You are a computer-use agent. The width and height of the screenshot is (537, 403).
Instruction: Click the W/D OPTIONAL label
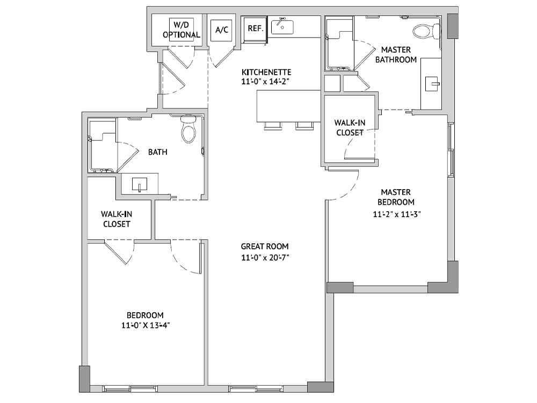[182, 30]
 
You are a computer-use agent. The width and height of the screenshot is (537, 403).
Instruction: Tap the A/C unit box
[222, 30]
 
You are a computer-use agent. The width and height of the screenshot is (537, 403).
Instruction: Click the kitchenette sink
[282, 26]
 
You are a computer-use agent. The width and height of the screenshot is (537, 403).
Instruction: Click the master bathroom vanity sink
[433, 84]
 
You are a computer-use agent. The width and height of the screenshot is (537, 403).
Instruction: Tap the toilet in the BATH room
[188, 129]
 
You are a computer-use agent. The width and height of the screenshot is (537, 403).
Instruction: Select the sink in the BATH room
[140, 185]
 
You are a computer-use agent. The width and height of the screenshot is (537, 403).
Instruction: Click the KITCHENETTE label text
[266, 73]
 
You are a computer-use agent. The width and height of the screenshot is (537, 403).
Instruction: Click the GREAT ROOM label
[265, 247]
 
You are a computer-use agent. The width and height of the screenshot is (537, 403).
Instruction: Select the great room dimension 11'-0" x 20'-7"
[265, 257]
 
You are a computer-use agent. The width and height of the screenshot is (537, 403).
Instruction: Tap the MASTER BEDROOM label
[396, 197]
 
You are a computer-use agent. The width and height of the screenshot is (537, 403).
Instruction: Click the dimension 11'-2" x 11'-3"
[397, 214]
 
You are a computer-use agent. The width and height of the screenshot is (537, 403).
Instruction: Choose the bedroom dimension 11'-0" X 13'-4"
[146, 325]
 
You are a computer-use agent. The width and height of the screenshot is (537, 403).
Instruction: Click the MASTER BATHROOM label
[396, 55]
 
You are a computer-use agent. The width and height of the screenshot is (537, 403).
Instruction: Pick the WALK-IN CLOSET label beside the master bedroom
[350, 127]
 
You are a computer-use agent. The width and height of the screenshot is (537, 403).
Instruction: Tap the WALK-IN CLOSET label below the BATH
[117, 219]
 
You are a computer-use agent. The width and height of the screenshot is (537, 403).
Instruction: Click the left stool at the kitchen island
[273, 126]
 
